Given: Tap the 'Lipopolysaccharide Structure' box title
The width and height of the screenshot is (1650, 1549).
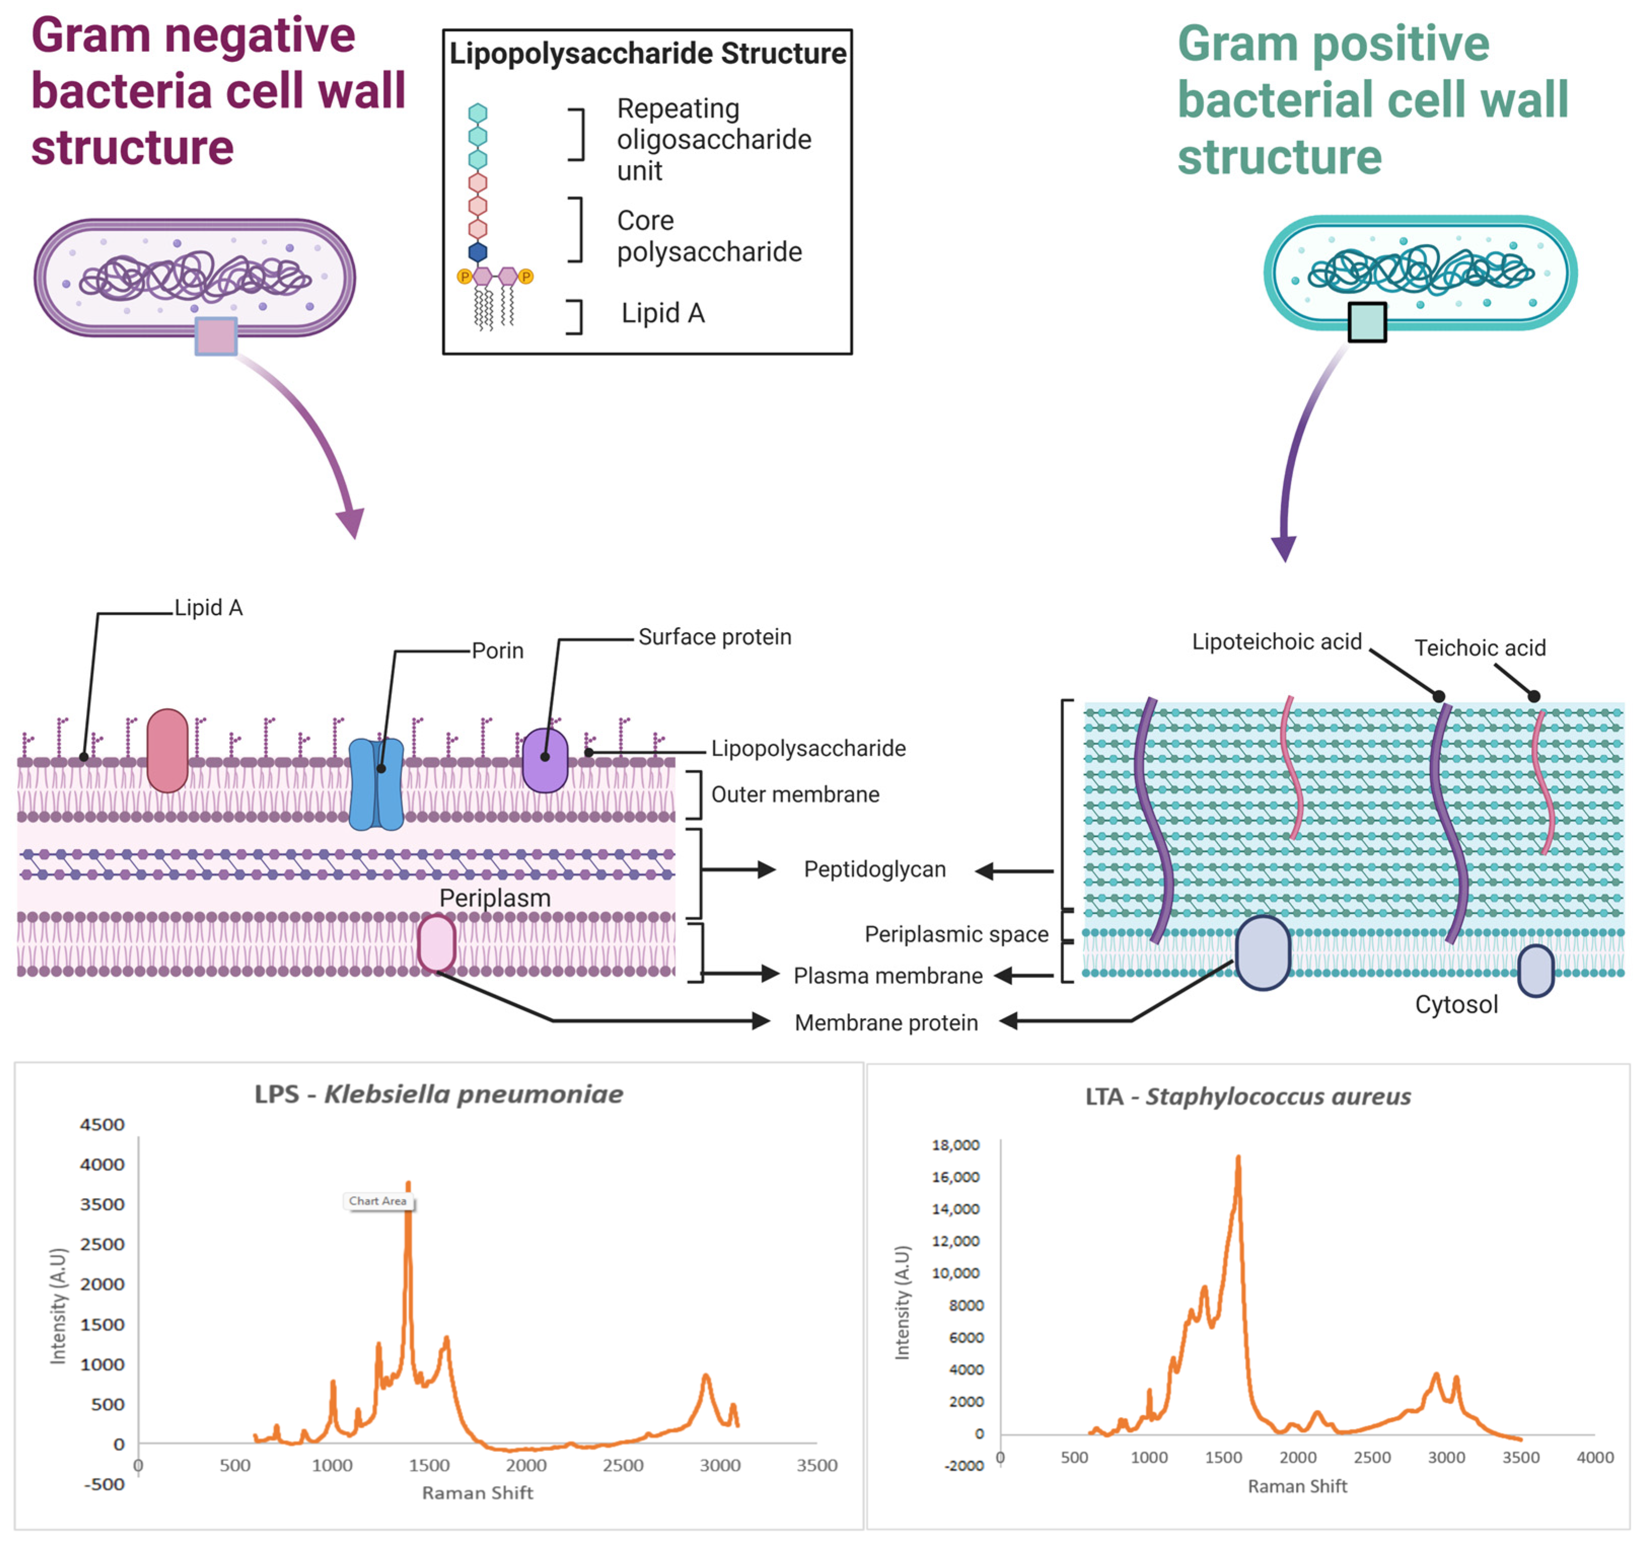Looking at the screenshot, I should tap(647, 53).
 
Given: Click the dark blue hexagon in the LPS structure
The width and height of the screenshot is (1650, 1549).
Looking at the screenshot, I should tap(478, 251).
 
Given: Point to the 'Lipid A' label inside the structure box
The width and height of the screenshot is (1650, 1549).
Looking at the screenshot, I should tap(663, 313).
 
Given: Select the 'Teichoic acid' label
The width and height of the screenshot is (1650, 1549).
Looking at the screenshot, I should tap(1480, 647).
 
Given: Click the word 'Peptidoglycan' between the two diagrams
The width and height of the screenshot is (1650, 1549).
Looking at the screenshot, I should tap(875, 869).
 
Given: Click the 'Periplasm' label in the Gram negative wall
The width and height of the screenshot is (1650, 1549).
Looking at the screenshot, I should tap(495, 897).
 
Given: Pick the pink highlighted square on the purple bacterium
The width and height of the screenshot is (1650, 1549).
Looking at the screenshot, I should tap(216, 336).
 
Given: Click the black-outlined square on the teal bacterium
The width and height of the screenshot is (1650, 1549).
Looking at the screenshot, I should tap(1367, 322).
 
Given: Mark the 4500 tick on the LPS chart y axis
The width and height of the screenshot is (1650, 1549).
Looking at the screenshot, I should tap(102, 1125).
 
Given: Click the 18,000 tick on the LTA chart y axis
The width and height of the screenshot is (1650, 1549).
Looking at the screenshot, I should tap(956, 1145).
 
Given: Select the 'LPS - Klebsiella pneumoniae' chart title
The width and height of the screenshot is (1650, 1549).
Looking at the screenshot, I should tap(438, 1094).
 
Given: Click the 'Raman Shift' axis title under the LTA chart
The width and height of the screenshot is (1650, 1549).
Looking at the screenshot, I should tap(1297, 1486).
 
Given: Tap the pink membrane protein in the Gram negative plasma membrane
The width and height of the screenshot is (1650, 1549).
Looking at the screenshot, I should tap(436, 944).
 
